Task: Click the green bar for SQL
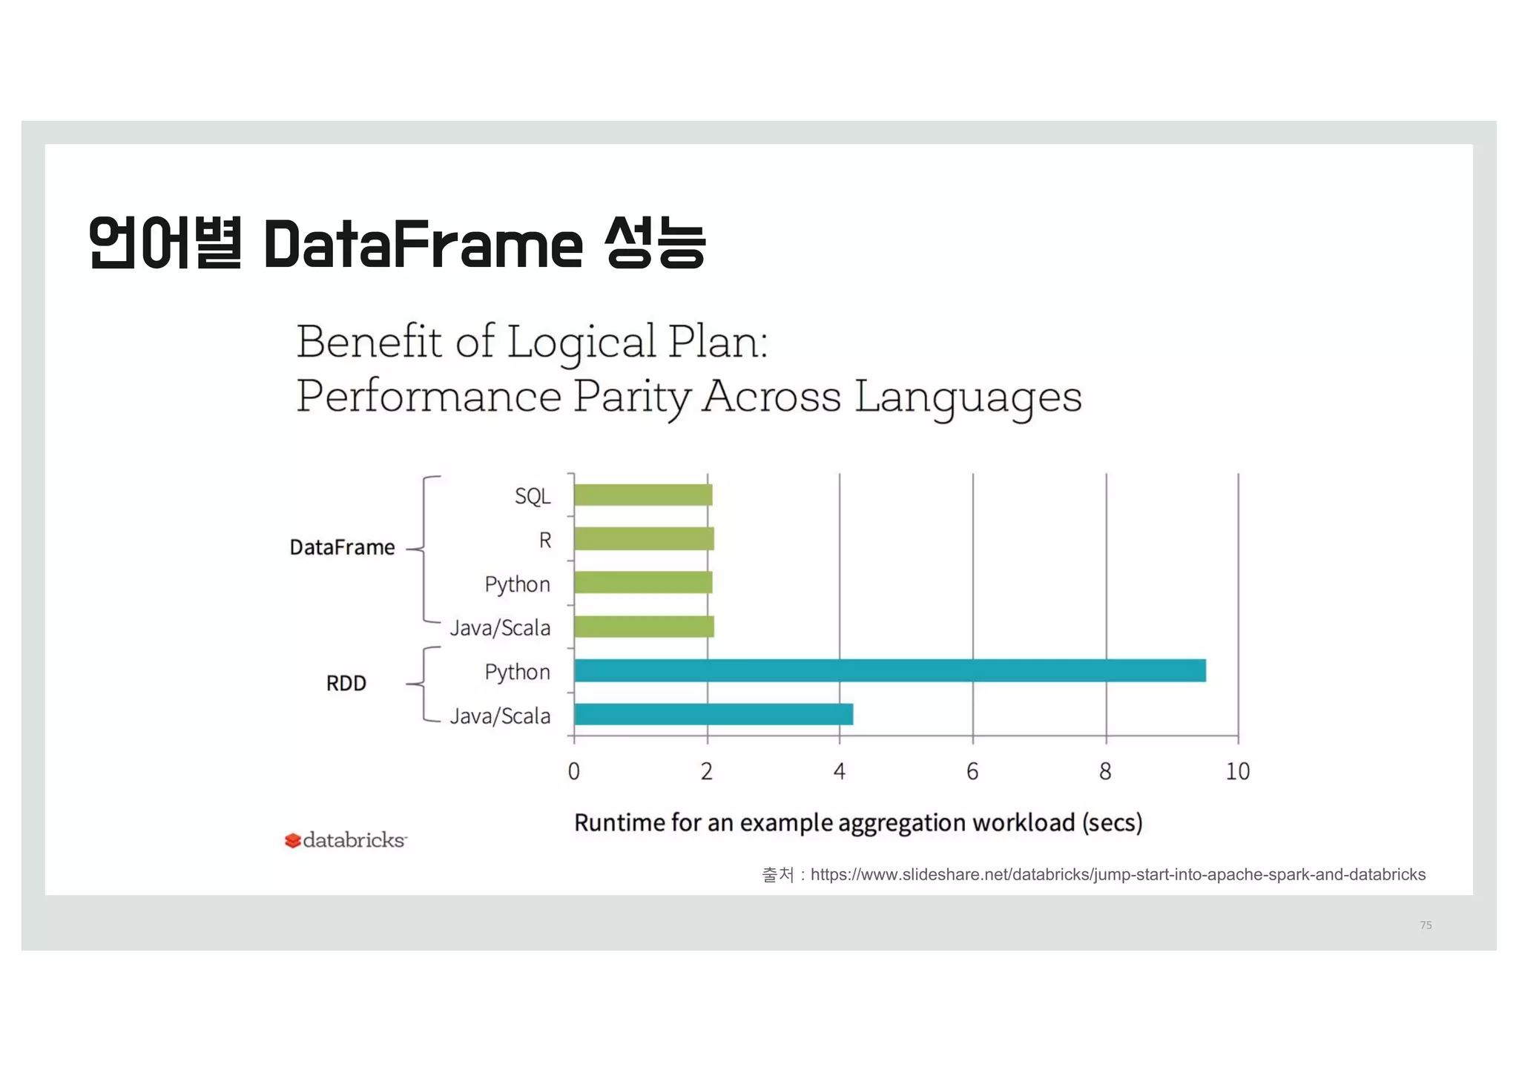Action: coord(643,495)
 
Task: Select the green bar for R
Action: coord(644,539)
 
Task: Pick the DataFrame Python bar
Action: coord(643,583)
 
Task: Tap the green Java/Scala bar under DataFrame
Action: coord(644,627)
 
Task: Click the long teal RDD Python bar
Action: coord(890,670)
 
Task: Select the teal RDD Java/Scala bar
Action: coord(714,714)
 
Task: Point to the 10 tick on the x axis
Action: coord(1237,772)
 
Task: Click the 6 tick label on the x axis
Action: coord(972,772)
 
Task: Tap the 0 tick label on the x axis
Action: coord(573,772)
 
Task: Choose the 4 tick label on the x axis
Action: coord(839,772)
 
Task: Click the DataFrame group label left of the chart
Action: coord(342,547)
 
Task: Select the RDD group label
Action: coord(346,683)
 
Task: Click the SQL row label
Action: coord(533,496)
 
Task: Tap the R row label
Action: coord(545,540)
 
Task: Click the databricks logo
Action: coord(346,840)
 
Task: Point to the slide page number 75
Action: coord(1426,925)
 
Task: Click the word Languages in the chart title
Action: coord(968,397)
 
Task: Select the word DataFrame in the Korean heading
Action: coord(423,244)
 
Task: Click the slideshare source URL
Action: coord(1118,875)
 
